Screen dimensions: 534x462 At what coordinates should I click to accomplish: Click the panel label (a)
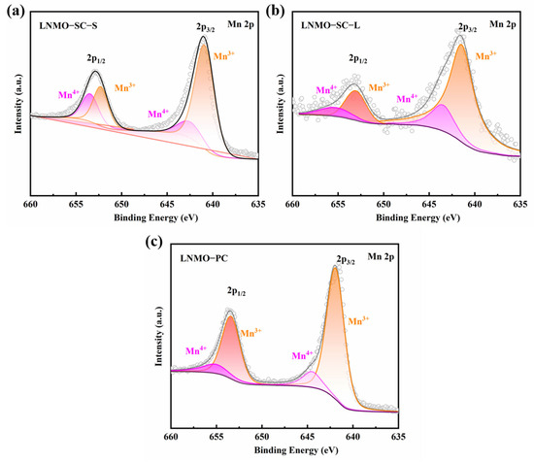point(16,12)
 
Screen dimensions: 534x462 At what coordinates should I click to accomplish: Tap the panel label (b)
point(275,12)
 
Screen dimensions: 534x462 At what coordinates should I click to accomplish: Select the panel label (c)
point(154,242)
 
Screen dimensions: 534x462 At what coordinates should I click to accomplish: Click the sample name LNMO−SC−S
point(68,26)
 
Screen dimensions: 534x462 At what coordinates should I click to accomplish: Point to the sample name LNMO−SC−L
point(330,25)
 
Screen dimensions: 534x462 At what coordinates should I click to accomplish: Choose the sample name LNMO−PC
point(204,258)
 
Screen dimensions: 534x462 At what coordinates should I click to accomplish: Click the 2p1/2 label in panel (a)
point(96,59)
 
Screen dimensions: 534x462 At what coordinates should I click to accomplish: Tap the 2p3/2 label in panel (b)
point(467,27)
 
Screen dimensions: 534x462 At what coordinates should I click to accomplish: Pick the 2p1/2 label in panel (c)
point(236,291)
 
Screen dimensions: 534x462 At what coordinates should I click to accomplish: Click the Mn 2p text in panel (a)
point(241,24)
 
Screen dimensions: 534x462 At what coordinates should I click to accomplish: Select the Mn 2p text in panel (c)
point(381,256)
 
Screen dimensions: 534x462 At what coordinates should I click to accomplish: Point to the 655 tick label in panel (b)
point(338,204)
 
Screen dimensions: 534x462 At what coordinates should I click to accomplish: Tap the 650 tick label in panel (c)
point(262,437)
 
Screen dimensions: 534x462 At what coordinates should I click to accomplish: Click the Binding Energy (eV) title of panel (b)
point(417,217)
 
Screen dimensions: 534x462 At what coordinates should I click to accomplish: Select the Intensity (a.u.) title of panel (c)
point(159,337)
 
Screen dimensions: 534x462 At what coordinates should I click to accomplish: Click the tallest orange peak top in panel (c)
point(335,267)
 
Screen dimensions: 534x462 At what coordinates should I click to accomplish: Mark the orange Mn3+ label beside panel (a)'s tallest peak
point(224,56)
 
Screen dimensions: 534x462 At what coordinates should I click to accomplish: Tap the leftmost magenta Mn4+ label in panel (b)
point(326,90)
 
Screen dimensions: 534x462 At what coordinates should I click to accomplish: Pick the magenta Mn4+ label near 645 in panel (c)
point(302,355)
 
